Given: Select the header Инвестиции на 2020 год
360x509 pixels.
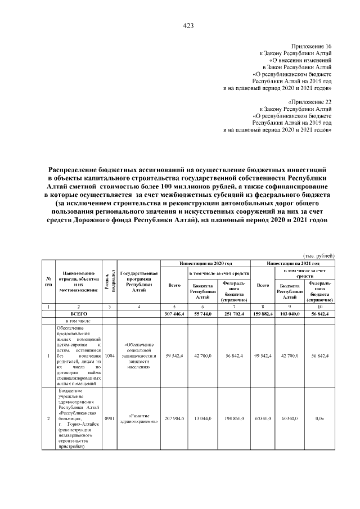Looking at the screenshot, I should [x=205, y=263].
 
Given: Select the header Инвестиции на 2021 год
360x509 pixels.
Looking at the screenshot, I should [x=293, y=263].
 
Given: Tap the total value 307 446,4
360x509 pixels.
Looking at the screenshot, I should [x=174, y=314].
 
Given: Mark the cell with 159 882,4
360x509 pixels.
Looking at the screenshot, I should [x=263, y=314].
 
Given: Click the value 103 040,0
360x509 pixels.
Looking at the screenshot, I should [x=291, y=314].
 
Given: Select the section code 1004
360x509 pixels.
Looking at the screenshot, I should [x=109, y=356].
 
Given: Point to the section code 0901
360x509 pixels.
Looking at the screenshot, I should [x=109, y=419].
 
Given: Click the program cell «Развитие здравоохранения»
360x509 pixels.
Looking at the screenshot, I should [x=138, y=418].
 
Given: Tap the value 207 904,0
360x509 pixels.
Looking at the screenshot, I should [x=174, y=419].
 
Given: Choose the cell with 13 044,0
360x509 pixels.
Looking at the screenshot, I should [x=203, y=419].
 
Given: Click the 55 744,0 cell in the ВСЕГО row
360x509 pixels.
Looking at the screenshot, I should [x=203, y=314].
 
